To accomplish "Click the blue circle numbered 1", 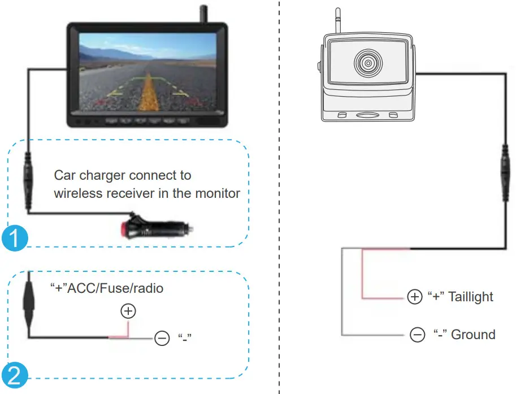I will click(x=14, y=237).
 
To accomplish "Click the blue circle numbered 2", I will click(x=14, y=376).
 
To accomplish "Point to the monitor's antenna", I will click(x=202, y=14).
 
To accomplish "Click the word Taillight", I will click(x=471, y=297).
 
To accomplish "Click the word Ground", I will click(x=474, y=335).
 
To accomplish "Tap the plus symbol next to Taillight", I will click(x=414, y=297).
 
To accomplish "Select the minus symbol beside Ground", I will click(x=417, y=335).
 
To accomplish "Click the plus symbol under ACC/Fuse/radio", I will click(x=129, y=311).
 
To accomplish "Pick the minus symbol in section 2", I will click(x=162, y=339).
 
